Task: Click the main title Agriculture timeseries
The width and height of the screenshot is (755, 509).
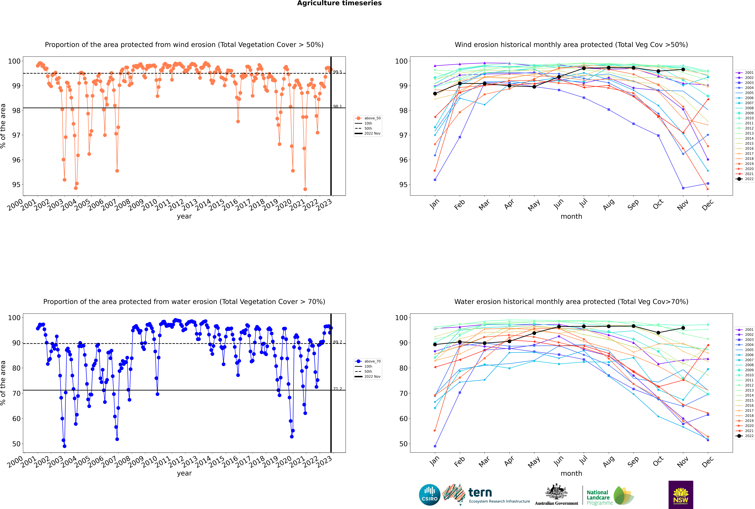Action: point(339,3)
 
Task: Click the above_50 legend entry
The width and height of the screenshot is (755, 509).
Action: point(368,118)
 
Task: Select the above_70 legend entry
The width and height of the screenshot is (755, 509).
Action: point(368,361)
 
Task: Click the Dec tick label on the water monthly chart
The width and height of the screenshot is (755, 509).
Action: point(708,461)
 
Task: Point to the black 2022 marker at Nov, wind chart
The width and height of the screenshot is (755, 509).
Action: point(683,69)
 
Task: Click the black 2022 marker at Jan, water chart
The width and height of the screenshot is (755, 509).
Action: point(435,344)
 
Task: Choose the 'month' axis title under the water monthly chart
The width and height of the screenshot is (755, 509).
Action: point(571,473)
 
